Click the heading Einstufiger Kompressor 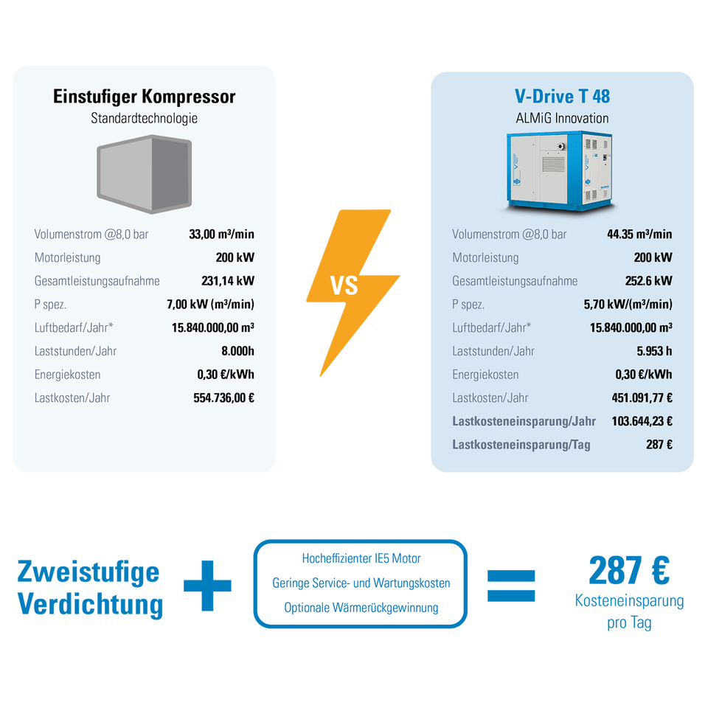click(144, 97)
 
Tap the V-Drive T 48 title click(562, 96)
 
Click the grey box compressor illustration click(145, 174)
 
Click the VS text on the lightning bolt click(344, 286)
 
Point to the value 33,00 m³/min click(221, 234)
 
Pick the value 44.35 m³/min click(639, 234)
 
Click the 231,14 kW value click(228, 281)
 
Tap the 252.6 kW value click(648, 281)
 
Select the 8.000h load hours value click(237, 351)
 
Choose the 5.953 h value click(654, 351)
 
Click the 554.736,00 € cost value click(224, 398)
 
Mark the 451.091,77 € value click(642, 398)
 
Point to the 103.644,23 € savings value click(642, 421)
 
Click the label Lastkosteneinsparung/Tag click(521, 445)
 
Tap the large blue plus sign click(207, 586)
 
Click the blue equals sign click(511, 586)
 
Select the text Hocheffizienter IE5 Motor click(361, 558)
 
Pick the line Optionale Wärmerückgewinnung click(361, 608)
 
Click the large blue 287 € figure click(629, 571)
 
